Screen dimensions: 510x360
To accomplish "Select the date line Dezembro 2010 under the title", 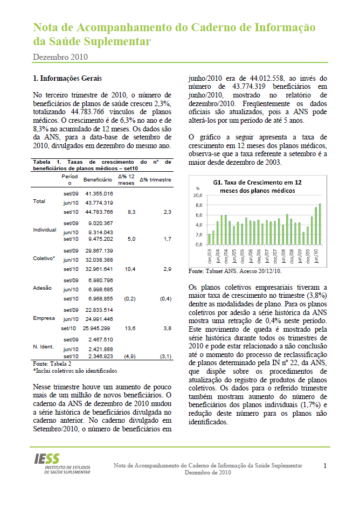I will coord(60,57).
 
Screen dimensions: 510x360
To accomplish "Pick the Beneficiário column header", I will coord(98,179).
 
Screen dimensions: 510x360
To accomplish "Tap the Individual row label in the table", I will coord(45,230).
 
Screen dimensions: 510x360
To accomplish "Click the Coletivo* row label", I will coord(44,259).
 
